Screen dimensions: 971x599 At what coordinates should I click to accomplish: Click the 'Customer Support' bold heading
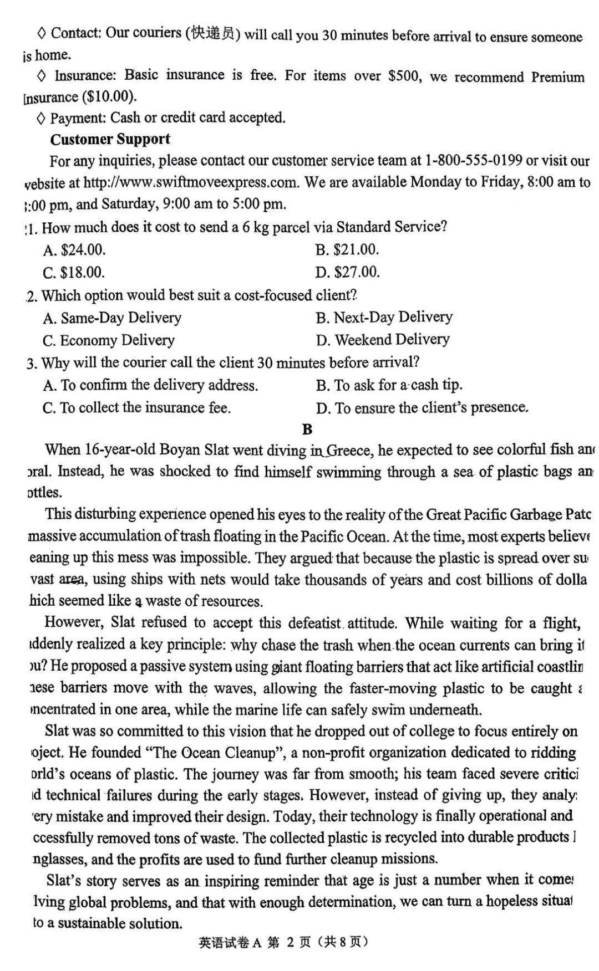pos(110,139)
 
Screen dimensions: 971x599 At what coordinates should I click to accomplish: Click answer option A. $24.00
pos(74,250)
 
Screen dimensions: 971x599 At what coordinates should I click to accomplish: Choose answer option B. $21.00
pos(347,250)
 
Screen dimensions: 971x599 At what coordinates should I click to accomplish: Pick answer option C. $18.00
pos(74,273)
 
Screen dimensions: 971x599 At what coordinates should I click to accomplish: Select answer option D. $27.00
pos(348,272)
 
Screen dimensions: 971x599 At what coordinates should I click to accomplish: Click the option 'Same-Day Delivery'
pos(112,318)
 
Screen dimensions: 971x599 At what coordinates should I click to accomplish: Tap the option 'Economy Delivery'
pos(109,340)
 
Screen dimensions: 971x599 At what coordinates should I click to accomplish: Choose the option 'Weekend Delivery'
pos(383,339)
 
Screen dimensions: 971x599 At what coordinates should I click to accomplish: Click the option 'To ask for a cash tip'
pos(389,385)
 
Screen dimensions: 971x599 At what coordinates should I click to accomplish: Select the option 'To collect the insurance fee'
pos(136,408)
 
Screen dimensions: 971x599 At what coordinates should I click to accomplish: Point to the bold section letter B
pos(307,430)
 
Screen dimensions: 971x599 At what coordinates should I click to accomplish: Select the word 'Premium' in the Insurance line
pos(557,77)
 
